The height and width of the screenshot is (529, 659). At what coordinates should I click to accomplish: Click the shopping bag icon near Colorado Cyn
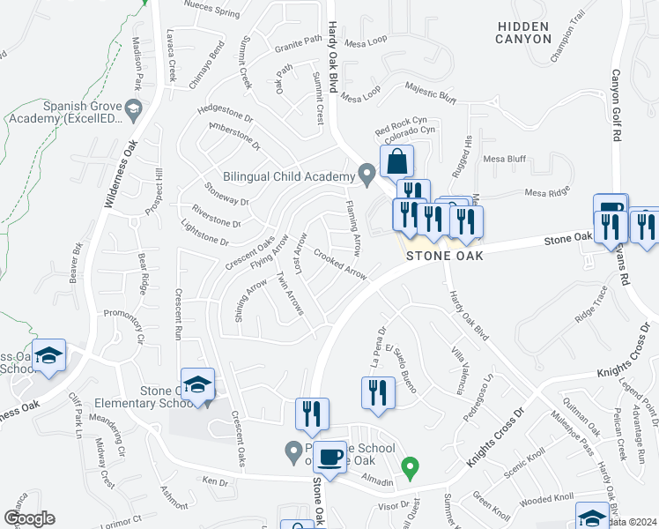(397, 162)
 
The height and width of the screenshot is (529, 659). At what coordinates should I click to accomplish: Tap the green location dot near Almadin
(409, 466)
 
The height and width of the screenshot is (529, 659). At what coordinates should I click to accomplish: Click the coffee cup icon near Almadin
(330, 458)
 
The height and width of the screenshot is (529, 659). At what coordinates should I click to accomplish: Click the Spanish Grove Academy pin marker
(134, 111)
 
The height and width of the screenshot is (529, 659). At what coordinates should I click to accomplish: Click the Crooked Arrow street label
(340, 267)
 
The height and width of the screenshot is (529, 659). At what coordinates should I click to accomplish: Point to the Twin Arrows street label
(290, 294)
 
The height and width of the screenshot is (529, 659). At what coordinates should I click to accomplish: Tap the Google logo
(29, 518)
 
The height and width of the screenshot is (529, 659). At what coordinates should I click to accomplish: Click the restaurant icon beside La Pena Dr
(378, 392)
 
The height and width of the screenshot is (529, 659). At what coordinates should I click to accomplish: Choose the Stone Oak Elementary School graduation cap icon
(199, 385)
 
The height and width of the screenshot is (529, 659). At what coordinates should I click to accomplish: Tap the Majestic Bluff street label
(430, 89)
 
